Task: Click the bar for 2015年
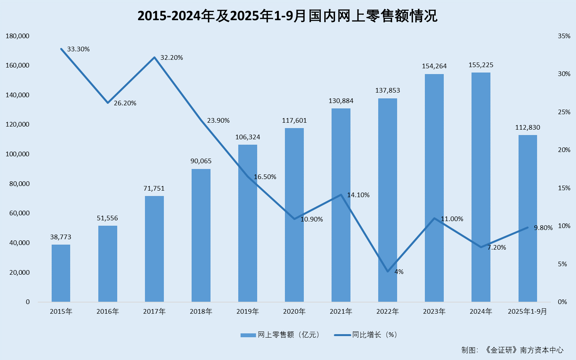pos(61,273)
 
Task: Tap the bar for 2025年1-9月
pos(527,218)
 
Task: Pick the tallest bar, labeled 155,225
pos(481,187)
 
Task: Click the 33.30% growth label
pos(78,49)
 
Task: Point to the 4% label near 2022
pos(399,272)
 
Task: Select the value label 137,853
pos(387,91)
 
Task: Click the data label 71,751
pos(154,189)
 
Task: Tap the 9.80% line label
pos(543,228)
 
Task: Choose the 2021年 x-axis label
pos(341,312)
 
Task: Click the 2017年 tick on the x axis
pos(154,312)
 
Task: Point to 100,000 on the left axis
pos(18,154)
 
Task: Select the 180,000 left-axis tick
pos(18,36)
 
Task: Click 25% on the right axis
pos(564,112)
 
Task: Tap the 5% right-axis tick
pos(563,264)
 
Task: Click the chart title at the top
pos(288,16)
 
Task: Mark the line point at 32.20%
pos(154,57)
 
